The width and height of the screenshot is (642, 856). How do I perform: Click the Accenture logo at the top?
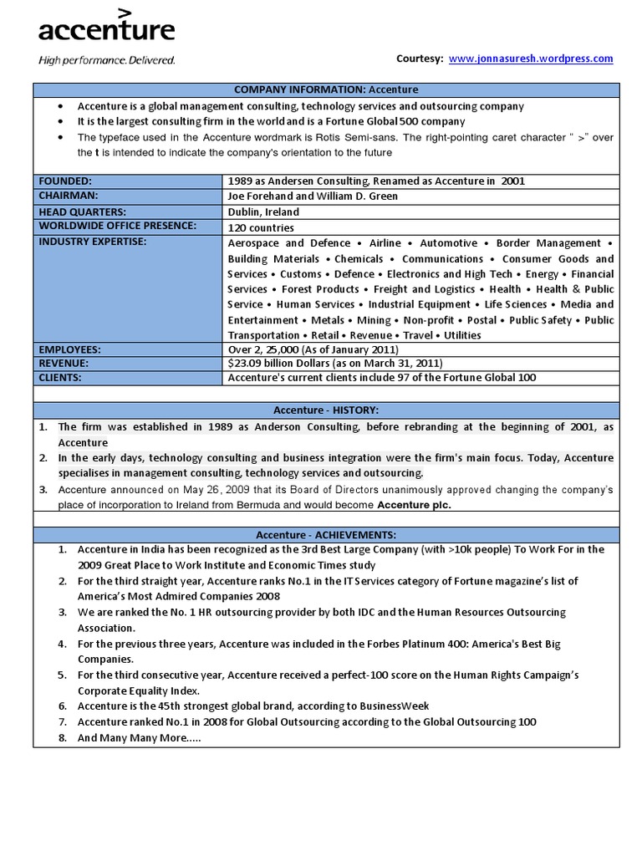106,30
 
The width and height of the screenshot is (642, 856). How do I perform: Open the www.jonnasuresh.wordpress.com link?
531,59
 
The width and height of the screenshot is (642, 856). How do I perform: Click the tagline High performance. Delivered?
107,60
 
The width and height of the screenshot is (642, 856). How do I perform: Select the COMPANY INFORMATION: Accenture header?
326,89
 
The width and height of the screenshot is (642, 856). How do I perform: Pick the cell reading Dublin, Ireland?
263,212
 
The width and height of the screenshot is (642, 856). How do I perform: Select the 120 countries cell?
261,227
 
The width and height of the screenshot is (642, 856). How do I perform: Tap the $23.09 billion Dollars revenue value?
334,363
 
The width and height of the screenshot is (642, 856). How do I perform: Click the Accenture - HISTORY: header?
326,410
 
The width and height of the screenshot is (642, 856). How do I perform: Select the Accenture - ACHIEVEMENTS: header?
326,534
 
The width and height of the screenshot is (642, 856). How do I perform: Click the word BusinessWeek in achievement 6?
391,706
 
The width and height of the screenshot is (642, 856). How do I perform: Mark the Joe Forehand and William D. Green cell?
313,196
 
